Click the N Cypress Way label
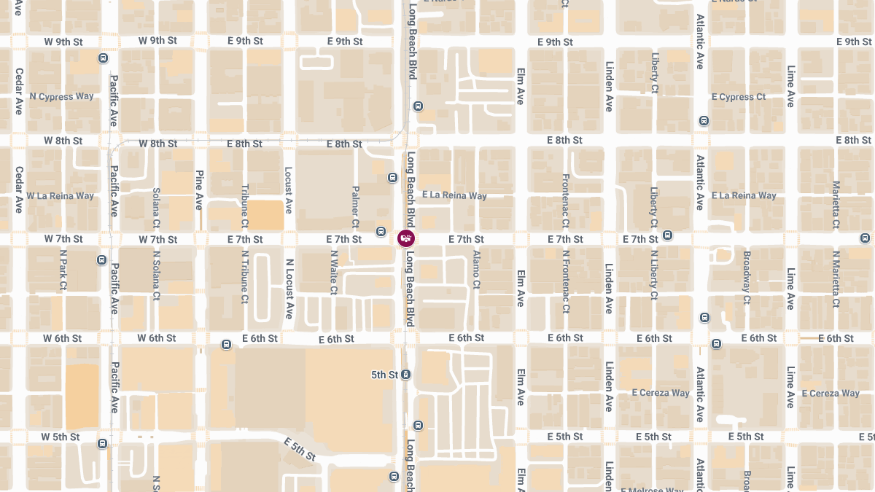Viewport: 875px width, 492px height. coord(61,96)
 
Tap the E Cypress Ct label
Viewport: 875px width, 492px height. coord(738,97)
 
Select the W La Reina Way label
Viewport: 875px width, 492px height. coord(60,195)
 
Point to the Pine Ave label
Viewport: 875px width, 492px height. coord(199,190)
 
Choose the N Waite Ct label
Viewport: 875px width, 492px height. coord(334,273)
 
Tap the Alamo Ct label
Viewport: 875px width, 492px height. coord(476,270)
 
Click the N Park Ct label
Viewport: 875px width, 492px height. coord(63,271)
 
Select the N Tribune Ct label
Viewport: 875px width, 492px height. coord(244,277)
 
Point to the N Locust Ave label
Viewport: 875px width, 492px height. coord(289,289)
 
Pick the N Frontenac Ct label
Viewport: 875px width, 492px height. coord(565,282)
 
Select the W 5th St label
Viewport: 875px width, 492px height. coord(61,437)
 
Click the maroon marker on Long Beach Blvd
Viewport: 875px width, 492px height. coord(406,238)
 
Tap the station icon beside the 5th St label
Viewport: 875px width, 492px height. coord(406,375)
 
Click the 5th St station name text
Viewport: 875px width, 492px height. coord(384,375)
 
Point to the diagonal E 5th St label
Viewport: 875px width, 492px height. coord(300,450)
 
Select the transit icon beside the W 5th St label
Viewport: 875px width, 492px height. coord(102,442)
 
